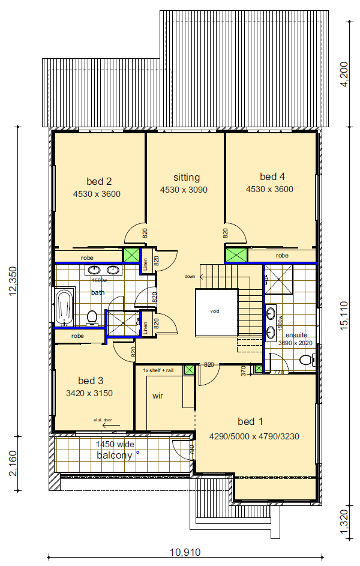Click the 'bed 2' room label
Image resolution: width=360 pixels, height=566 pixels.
coord(100,181)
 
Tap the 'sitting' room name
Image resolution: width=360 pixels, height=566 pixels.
coord(186,177)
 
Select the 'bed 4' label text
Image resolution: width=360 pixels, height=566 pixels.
coord(272,176)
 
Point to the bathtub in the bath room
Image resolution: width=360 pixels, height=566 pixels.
coord(64,306)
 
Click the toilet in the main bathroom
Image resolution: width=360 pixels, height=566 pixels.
coord(92,318)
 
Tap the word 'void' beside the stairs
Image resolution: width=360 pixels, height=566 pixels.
coord(215,312)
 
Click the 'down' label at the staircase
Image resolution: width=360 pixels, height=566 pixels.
coord(190,277)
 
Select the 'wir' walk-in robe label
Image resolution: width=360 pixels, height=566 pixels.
coord(158,396)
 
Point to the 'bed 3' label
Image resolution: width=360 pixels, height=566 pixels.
coord(91,381)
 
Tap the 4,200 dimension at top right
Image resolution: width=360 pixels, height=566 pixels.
coord(344,74)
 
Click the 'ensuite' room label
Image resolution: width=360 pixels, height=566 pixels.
coord(296,335)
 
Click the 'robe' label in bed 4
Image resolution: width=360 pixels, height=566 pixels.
coord(282,255)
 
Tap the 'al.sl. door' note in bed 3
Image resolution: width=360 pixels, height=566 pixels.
coord(103,420)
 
